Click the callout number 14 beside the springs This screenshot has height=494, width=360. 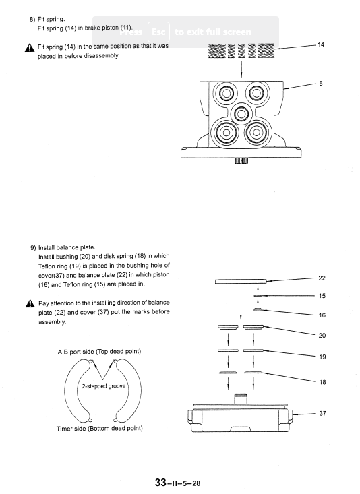point(321,44)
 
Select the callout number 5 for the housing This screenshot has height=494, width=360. point(321,84)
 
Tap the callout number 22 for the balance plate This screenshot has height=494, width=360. point(321,278)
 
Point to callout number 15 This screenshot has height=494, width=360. point(321,295)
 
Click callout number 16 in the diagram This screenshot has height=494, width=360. point(321,315)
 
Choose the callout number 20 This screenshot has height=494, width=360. point(321,335)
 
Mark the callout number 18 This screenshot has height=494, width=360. point(321,381)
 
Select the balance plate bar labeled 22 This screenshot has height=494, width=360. point(241,282)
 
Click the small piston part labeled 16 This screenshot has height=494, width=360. point(258,310)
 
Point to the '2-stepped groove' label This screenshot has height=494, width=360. point(104,387)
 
